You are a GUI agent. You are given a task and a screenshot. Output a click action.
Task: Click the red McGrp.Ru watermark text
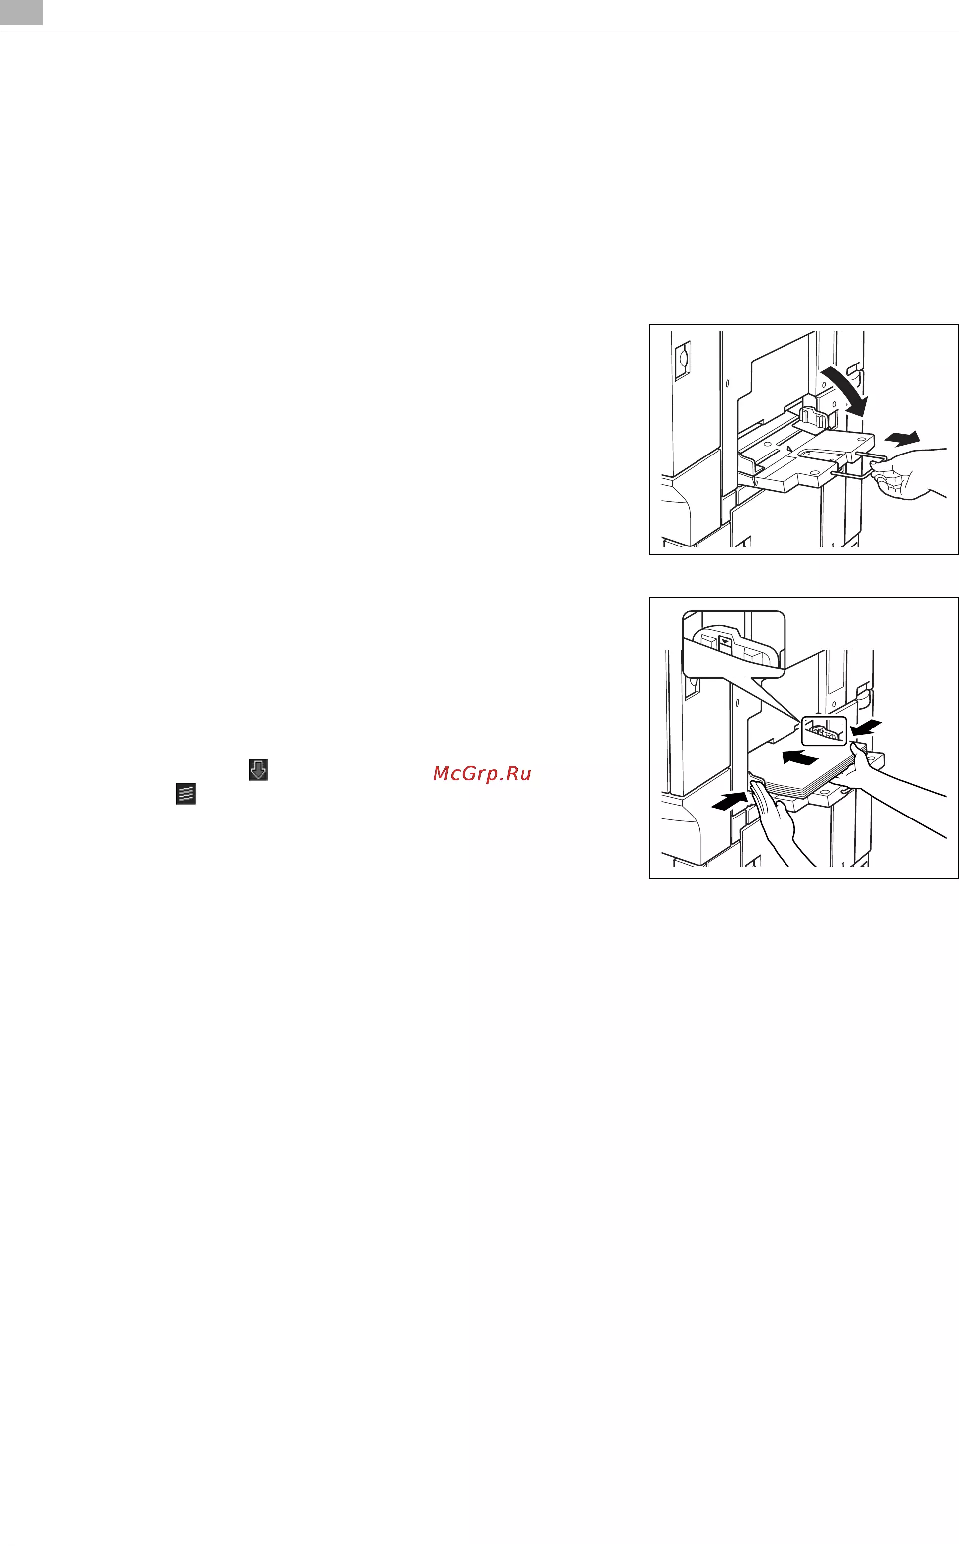(482, 773)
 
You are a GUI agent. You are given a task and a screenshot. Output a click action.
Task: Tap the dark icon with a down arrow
(258, 769)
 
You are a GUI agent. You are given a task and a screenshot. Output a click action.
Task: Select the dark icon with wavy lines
(186, 794)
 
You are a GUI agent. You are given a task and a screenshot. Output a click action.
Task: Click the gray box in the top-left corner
(21, 13)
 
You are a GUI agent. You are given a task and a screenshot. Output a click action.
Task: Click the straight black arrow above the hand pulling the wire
(902, 437)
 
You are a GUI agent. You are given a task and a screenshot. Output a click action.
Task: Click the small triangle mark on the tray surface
(788, 448)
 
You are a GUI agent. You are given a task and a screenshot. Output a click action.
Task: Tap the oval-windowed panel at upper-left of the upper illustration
(682, 361)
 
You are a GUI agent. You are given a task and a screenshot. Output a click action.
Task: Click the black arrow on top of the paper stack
(800, 757)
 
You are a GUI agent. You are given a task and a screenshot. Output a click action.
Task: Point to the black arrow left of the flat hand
(730, 801)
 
